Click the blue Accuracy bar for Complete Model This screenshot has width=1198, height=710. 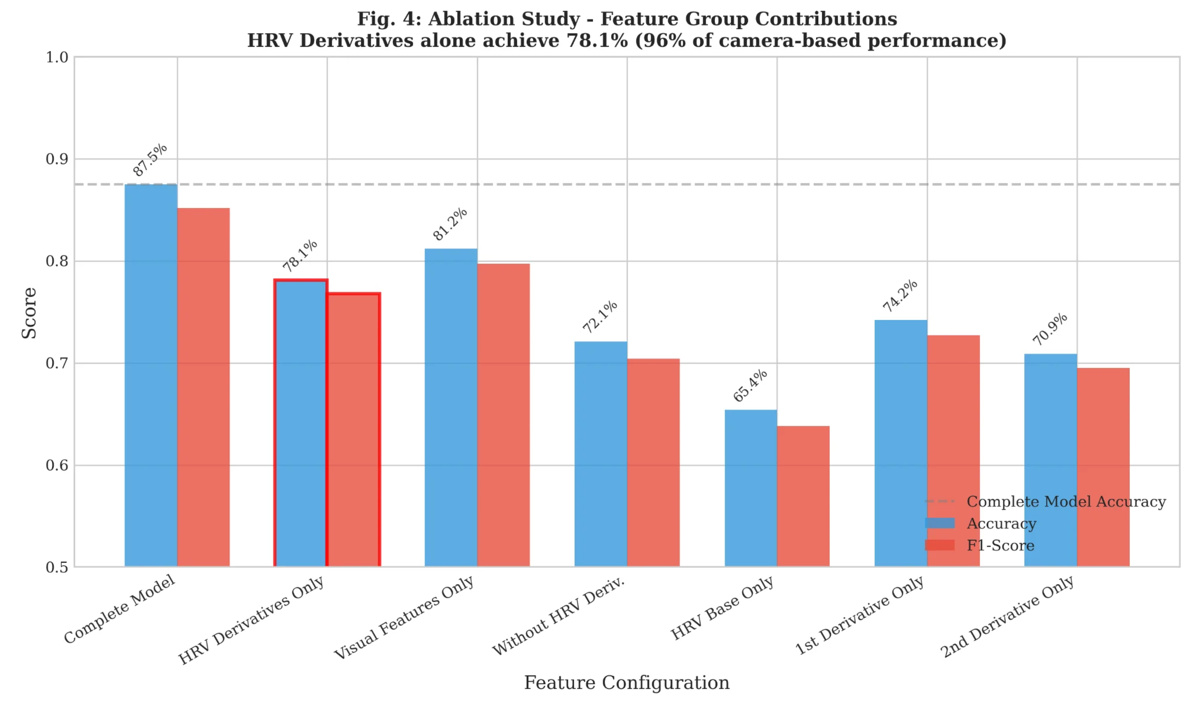[x=151, y=375]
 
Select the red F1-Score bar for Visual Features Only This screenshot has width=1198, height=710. [x=503, y=415]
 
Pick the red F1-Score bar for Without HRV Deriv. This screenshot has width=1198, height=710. [x=653, y=463]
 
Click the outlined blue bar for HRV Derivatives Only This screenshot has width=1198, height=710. [x=301, y=423]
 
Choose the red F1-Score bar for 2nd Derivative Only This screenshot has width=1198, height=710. [x=1103, y=467]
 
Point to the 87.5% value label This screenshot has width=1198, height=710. [x=150, y=160]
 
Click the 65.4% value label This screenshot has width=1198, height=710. [x=750, y=386]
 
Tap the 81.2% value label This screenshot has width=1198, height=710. [x=450, y=224]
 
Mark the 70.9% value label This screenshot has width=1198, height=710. [x=1050, y=329]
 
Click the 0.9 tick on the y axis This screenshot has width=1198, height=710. [x=57, y=159]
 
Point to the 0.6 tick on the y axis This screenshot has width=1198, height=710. [x=57, y=465]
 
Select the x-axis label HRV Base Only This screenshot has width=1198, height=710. [x=722, y=608]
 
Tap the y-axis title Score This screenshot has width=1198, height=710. [x=29, y=313]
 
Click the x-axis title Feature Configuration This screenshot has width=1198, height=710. [x=627, y=683]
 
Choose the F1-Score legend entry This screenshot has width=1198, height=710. [x=980, y=545]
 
